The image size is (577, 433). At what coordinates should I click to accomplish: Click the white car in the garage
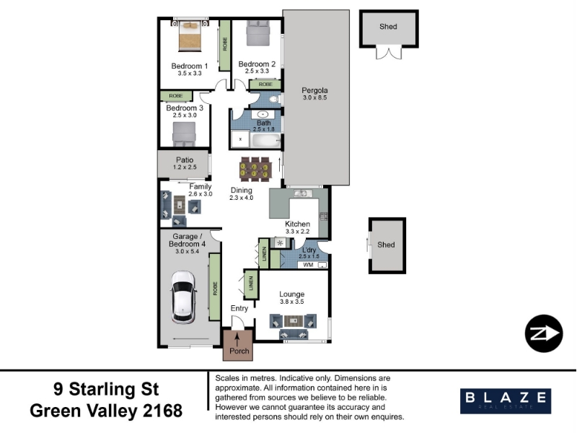click(183, 297)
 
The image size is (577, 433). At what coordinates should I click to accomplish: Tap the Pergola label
click(314, 90)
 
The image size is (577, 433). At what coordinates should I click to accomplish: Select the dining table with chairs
click(255, 170)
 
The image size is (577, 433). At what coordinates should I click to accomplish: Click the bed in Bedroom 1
click(190, 35)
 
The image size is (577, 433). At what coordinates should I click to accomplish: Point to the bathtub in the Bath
click(265, 141)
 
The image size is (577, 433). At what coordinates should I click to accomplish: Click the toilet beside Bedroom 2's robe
click(274, 100)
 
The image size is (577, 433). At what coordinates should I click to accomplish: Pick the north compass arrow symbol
click(544, 333)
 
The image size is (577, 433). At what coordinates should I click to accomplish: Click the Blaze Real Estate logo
click(506, 401)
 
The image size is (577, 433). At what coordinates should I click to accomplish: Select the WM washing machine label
click(308, 265)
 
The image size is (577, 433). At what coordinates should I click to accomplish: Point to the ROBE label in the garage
click(215, 288)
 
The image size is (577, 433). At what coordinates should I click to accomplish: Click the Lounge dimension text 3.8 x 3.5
click(292, 302)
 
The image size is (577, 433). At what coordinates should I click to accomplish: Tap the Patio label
click(185, 159)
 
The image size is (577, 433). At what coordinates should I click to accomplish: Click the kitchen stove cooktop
click(323, 216)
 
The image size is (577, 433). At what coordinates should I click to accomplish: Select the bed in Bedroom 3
click(185, 135)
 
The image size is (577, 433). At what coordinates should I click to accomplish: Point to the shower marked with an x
click(240, 139)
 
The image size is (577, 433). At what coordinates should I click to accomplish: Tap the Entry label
click(239, 309)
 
